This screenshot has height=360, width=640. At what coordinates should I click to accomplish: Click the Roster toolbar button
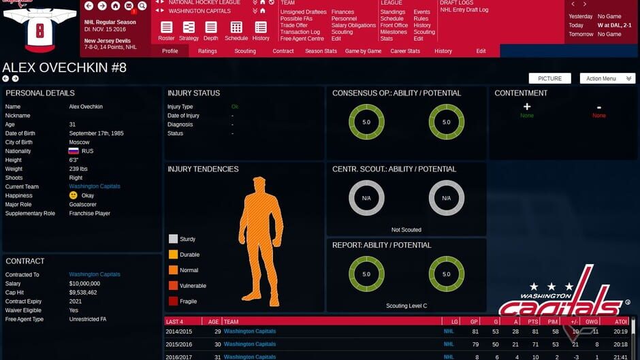click(x=166, y=30)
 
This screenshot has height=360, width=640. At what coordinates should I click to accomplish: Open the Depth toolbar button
click(x=211, y=30)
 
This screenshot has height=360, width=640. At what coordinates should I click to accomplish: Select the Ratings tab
click(x=208, y=51)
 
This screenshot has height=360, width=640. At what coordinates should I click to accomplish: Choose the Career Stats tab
click(x=405, y=51)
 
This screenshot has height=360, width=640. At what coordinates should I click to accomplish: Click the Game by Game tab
click(x=363, y=51)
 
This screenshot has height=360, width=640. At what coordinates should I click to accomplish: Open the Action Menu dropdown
click(x=607, y=78)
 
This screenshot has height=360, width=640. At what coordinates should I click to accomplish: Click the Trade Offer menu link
click(x=293, y=25)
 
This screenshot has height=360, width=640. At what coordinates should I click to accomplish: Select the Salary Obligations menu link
click(x=353, y=25)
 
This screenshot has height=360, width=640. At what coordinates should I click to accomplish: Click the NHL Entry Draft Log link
click(x=464, y=10)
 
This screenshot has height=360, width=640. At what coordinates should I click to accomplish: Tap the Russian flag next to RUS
click(x=74, y=151)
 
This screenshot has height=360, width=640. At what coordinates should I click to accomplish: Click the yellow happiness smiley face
click(x=74, y=195)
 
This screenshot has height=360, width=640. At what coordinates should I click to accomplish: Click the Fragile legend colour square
click(x=173, y=301)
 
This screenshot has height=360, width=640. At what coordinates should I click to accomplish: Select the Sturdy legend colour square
click(x=173, y=239)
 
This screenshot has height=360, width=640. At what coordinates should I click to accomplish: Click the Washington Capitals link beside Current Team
click(x=95, y=186)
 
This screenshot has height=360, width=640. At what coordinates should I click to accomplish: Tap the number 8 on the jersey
click(x=39, y=31)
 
